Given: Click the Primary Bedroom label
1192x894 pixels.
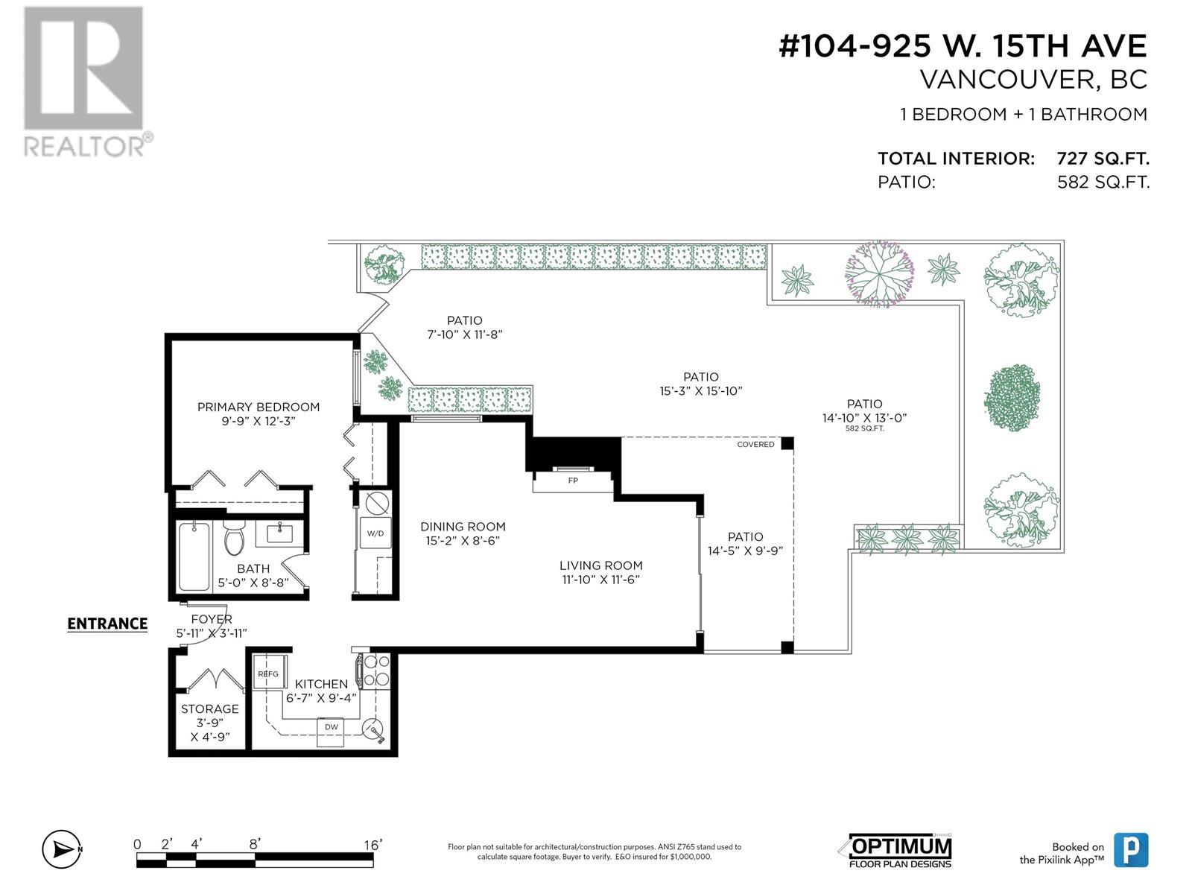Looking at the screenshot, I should click(x=259, y=407).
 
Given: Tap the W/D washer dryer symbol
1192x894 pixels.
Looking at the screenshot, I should click(x=375, y=533).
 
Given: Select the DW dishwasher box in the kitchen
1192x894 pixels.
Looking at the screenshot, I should click(x=331, y=728).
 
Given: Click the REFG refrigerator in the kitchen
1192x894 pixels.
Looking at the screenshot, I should click(x=267, y=673).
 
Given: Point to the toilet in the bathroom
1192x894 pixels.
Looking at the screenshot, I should click(x=235, y=539).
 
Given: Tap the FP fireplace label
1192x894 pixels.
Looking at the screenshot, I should click(x=573, y=481).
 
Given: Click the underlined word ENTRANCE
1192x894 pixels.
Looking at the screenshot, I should click(x=107, y=624).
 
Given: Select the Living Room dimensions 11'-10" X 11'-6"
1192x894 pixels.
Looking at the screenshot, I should click(x=601, y=580).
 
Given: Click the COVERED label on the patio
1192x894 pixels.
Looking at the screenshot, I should click(x=755, y=445).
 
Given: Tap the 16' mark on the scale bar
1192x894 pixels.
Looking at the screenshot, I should click(x=372, y=844).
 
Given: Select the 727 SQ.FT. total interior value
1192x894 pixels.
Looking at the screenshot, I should click(x=1103, y=159).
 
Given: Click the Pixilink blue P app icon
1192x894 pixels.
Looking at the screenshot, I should click(x=1130, y=850).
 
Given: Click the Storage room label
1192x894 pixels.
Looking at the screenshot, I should click(x=210, y=709).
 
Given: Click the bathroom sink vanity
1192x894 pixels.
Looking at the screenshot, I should click(x=280, y=533).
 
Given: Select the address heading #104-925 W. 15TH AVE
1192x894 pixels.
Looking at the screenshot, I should click(x=963, y=46).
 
